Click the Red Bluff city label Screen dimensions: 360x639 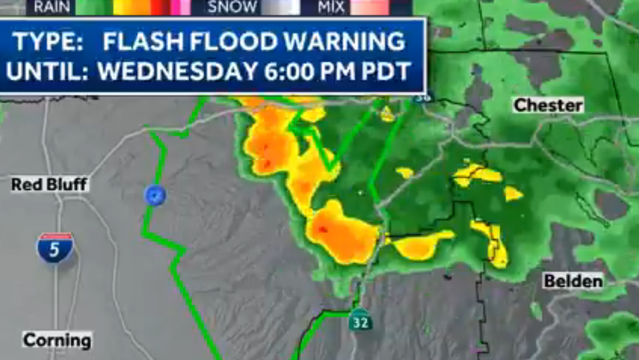50,185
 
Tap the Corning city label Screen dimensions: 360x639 57,340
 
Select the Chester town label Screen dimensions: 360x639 548,105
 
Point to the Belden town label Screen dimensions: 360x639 573,281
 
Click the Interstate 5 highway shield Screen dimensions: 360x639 55,248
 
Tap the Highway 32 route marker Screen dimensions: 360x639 361,321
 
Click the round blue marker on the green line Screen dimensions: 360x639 155,195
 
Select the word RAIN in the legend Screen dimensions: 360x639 52,7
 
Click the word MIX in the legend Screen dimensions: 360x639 331,7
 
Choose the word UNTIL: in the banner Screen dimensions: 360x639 47,71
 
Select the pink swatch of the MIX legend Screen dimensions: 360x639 370,7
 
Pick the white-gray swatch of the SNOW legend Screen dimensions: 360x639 278,7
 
